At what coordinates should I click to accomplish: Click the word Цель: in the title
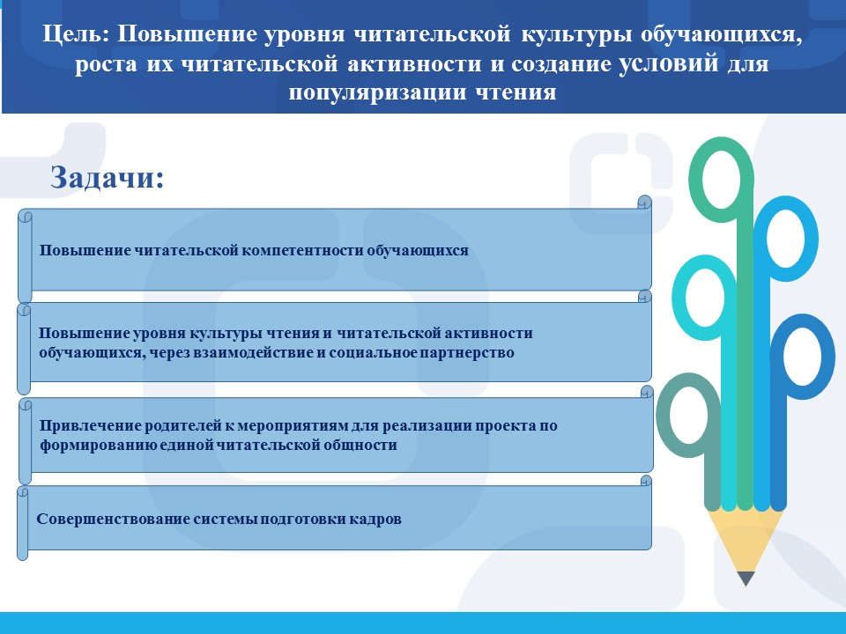76,34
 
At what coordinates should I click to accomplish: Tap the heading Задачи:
107,177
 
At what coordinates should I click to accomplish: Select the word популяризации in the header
377,92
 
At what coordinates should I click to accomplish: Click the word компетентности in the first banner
302,251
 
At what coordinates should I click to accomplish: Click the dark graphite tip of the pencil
746,579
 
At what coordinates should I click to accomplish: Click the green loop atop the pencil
722,142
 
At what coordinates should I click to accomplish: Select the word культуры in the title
576,34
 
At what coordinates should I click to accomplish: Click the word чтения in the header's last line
516,92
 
